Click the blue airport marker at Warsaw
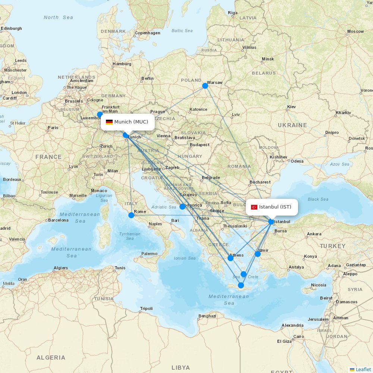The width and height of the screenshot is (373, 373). click(205, 86)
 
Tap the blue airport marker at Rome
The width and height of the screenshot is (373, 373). click(131, 215)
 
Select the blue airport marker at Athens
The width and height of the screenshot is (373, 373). click(231, 258)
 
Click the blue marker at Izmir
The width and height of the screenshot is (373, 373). click(258, 254)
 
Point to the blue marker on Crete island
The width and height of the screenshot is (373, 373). click(241, 285)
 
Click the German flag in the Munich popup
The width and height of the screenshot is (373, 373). click(109, 122)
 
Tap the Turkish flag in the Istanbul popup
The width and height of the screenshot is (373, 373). click(254, 207)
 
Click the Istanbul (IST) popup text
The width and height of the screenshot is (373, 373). click(275, 207)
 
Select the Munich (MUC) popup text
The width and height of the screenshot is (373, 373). click(131, 122)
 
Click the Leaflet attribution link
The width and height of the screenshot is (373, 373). click(363, 369)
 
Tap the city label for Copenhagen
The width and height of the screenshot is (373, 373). click(147, 33)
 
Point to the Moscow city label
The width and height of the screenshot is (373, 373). click(355, 31)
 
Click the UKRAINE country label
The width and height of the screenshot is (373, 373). click(292, 125)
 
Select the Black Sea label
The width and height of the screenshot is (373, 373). click(318, 199)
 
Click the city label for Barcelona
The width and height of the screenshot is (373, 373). click(58, 220)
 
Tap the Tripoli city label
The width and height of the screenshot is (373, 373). click(146, 308)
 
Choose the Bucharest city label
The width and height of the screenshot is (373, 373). click(260, 182)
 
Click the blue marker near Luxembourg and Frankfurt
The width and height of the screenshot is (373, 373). click(100, 115)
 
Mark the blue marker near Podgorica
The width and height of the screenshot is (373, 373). click(182, 207)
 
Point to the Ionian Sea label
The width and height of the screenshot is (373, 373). click(185, 258)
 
